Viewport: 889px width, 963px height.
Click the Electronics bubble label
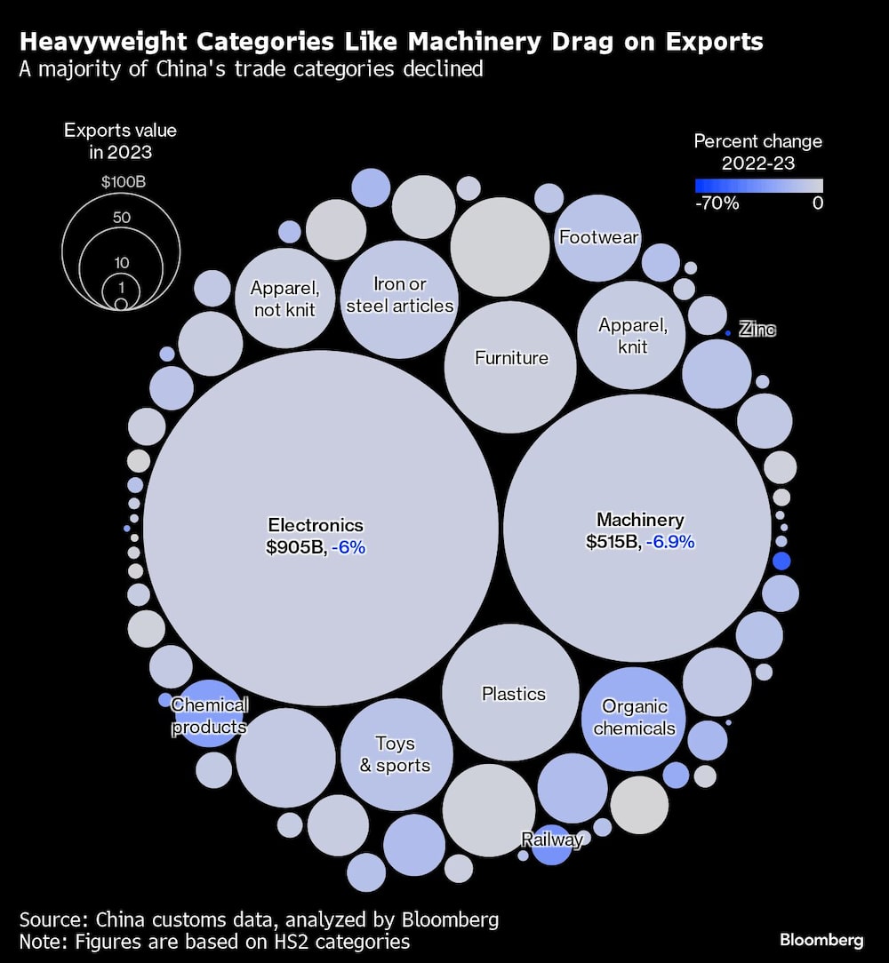coord(316,525)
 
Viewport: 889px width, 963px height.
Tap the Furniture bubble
coord(511,358)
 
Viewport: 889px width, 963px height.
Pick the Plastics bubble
coord(513,693)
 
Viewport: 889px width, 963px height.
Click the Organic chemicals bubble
coord(635,718)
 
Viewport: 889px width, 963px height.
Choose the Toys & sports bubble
coord(395,754)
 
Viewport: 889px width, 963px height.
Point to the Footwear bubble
coord(599,237)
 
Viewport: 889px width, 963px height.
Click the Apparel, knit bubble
coord(632,335)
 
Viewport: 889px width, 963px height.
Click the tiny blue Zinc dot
coord(728,332)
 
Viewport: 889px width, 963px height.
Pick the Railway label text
coord(552,840)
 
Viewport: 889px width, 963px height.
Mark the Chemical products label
coord(209,716)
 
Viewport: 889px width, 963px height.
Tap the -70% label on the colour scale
coord(717,203)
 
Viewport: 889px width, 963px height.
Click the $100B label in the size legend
coord(123,182)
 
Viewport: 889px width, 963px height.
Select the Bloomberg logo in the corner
coord(821,940)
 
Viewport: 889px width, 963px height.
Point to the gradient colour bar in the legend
coord(758,186)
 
